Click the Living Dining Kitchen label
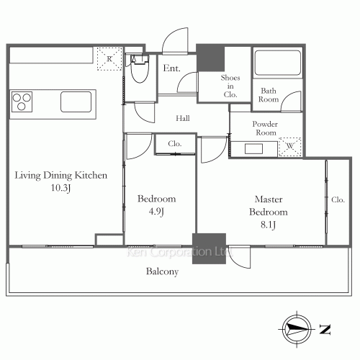click(x=61, y=175)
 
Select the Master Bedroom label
click(x=268, y=205)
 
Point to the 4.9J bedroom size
click(x=157, y=212)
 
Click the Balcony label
click(x=162, y=272)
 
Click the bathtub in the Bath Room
click(x=276, y=63)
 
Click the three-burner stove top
click(x=23, y=102)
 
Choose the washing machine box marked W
click(x=290, y=146)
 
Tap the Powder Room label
click(x=265, y=128)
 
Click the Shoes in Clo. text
click(x=231, y=85)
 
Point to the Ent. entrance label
click(x=171, y=69)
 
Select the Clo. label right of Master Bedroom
click(x=338, y=200)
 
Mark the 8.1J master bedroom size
click(x=268, y=225)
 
